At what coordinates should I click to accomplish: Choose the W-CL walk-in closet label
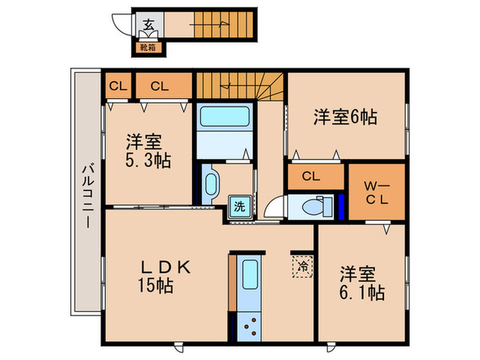376,191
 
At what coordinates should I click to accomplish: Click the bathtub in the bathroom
224,116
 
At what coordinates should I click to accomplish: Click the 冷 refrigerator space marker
301,265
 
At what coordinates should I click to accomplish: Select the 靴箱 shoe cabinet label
148,47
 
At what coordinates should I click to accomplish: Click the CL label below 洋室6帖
311,176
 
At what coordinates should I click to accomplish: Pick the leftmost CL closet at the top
118,86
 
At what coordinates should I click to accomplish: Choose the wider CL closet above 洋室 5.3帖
160,86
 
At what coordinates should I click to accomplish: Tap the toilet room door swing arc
274,208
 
